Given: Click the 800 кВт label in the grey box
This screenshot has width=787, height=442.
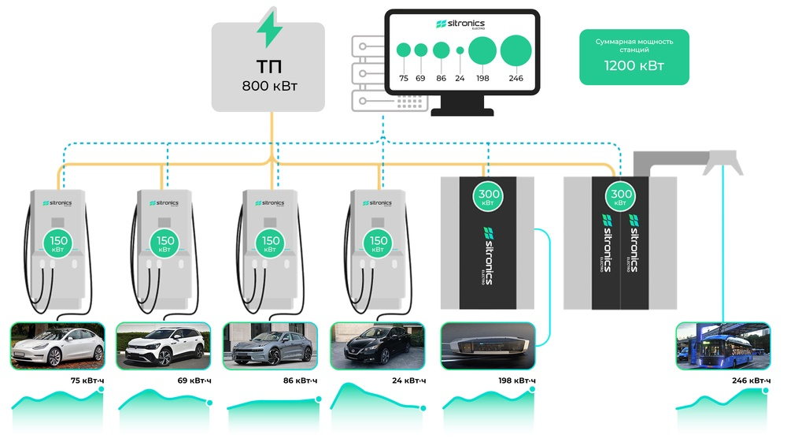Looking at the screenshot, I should point(268,85).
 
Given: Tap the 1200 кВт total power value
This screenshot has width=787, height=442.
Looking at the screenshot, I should point(634,66).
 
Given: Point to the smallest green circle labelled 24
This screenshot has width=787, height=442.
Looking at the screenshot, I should point(460,50).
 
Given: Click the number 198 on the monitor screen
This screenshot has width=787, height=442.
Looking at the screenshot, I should point(482,79).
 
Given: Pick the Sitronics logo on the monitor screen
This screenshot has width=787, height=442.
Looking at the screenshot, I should point(460,26).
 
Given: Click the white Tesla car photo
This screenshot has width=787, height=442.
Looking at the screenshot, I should point(57,345).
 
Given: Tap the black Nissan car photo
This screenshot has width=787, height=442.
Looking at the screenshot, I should point(379,345).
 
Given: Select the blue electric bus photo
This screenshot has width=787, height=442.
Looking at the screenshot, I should point(723,345).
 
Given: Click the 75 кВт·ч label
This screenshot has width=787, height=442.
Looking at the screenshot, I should point(87,381).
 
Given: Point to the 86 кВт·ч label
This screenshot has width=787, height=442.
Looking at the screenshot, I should point(301,381).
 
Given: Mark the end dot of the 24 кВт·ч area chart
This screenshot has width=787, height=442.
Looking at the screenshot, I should point(423,407).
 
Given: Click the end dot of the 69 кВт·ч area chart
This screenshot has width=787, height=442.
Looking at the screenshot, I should point(209,403).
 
